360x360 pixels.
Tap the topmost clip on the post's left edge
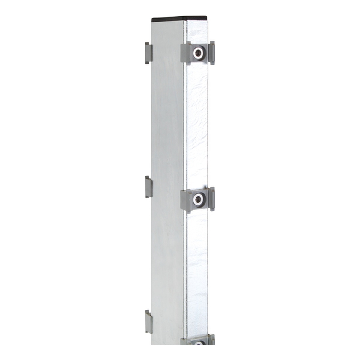pos(148,53)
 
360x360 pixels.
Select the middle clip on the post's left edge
pos(148,187)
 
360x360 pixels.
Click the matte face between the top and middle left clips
pos(166,120)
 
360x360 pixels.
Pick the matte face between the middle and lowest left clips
pos(166,255)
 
